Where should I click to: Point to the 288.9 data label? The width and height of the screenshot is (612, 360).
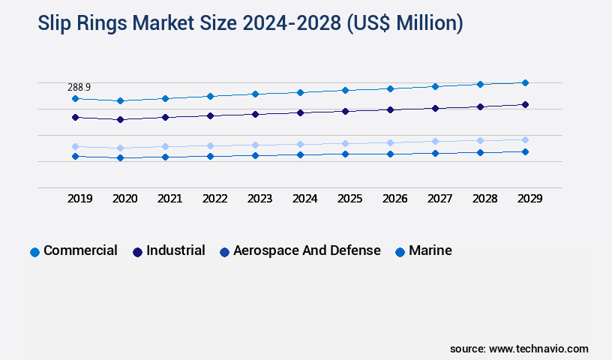tap(79, 88)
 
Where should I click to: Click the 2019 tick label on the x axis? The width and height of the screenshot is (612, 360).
tap(79, 199)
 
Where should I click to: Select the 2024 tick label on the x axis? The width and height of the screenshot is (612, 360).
tap(304, 199)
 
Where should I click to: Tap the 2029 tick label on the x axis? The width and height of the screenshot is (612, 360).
tap(529, 199)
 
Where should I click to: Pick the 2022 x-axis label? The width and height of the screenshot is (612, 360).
tap(214, 199)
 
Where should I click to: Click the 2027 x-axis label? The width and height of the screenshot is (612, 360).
tap(439, 199)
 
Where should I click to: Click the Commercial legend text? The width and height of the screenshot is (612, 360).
tap(80, 250)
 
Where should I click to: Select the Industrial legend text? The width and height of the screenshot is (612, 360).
tap(175, 250)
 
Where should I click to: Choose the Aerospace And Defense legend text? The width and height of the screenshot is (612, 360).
tap(307, 250)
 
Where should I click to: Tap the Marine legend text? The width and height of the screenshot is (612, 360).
tap(430, 250)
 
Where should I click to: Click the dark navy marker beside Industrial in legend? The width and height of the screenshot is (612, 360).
tap(137, 252)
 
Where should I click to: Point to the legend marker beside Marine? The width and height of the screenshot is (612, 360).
tap(400, 252)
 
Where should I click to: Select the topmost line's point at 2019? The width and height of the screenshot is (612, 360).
tap(75, 98)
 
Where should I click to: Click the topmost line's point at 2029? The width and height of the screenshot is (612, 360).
tap(525, 82)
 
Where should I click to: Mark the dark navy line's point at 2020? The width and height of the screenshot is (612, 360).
tap(120, 119)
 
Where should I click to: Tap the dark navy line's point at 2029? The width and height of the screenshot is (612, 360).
tap(525, 104)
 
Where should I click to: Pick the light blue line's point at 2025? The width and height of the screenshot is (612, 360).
tap(345, 143)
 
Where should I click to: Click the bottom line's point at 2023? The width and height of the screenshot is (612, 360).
tap(255, 155)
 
